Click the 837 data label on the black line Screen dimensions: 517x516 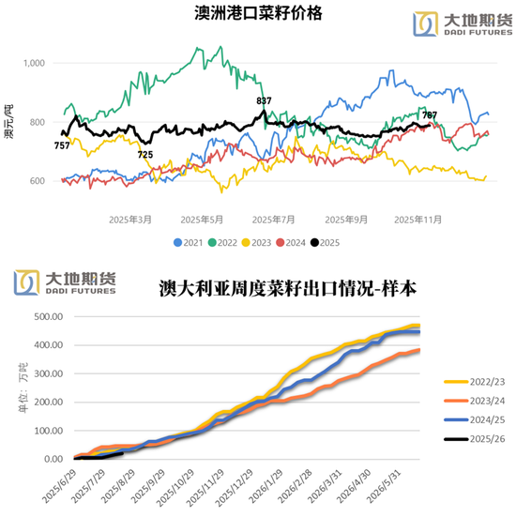[264, 100]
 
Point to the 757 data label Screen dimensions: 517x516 [62, 145]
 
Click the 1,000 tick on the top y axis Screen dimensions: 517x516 [34, 64]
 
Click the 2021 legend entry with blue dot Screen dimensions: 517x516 [189, 243]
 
